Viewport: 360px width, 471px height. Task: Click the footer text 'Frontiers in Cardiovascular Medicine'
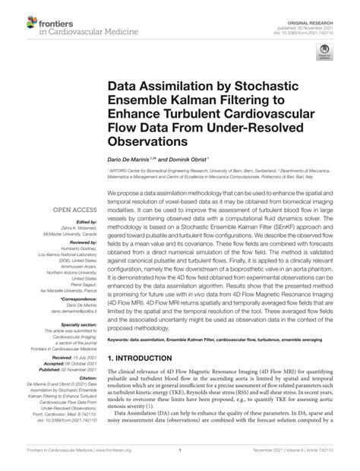click(53, 461)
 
